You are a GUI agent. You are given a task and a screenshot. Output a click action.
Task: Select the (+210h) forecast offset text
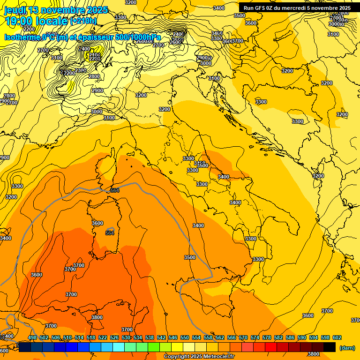click(x=83, y=21)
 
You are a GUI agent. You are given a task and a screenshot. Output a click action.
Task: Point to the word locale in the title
click(x=52, y=21)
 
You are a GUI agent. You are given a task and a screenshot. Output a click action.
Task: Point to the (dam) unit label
click(x=346, y=348)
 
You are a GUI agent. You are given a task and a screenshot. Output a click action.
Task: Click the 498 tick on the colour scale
click(x=32, y=338)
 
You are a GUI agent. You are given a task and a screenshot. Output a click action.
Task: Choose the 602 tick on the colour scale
click(x=337, y=338)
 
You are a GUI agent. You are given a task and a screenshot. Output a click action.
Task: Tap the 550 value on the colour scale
click(x=185, y=338)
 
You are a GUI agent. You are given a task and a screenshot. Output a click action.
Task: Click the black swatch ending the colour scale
click(x=330, y=347)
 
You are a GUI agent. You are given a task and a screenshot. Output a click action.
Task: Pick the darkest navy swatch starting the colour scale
click(x=25, y=347)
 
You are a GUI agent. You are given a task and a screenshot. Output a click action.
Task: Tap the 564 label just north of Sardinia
click(x=114, y=190)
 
